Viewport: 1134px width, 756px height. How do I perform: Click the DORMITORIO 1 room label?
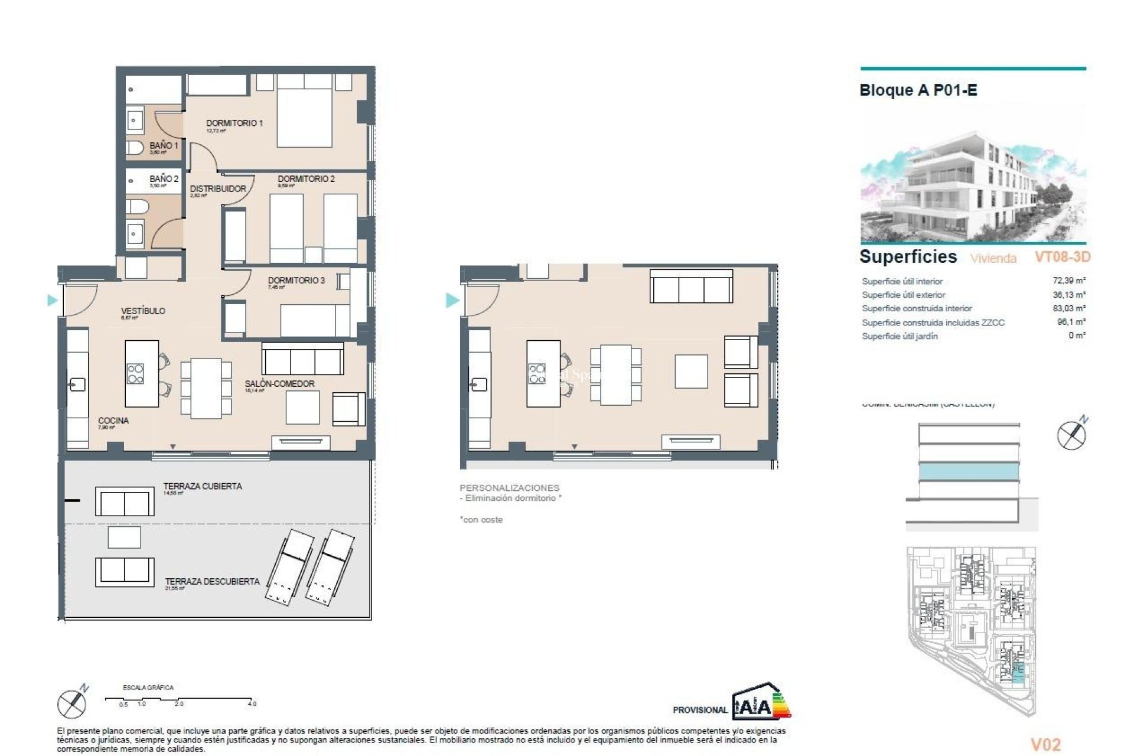click(234, 123)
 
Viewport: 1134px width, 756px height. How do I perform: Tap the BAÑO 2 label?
click(164, 178)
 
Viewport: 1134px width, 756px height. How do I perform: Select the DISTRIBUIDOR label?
click(218, 188)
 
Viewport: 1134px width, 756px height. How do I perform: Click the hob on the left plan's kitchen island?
click(135, 373)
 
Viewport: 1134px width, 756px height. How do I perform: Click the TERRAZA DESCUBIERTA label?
click(212, 581)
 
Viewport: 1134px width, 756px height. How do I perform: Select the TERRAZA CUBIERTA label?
click(203, 486)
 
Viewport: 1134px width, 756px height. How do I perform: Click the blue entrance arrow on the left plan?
click(52, 300)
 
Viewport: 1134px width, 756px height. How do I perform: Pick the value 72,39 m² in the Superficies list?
click(1068, 281)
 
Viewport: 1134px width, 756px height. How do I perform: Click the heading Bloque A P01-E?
click(918, 90)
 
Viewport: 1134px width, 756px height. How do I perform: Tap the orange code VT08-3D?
click(1062, 257)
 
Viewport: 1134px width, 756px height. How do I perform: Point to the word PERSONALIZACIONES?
click(509, 488)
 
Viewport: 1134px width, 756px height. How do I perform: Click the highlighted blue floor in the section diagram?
click(969, 471)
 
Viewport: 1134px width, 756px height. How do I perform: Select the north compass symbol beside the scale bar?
click(73, 702)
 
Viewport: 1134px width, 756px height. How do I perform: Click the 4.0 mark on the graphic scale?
click(252, 703)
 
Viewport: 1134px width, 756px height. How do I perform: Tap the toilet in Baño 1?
click(135, 147)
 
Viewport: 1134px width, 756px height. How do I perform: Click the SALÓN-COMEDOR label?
click(279, 383)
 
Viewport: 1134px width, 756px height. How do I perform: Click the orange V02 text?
click(1045, 745)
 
